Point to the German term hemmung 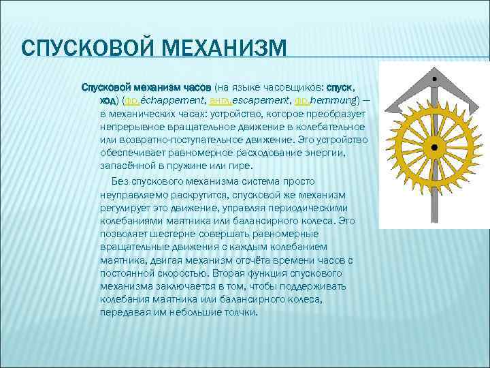(333, 100)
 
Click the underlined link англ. (219, 100)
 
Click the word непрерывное (129, 127)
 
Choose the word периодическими (310, 207)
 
